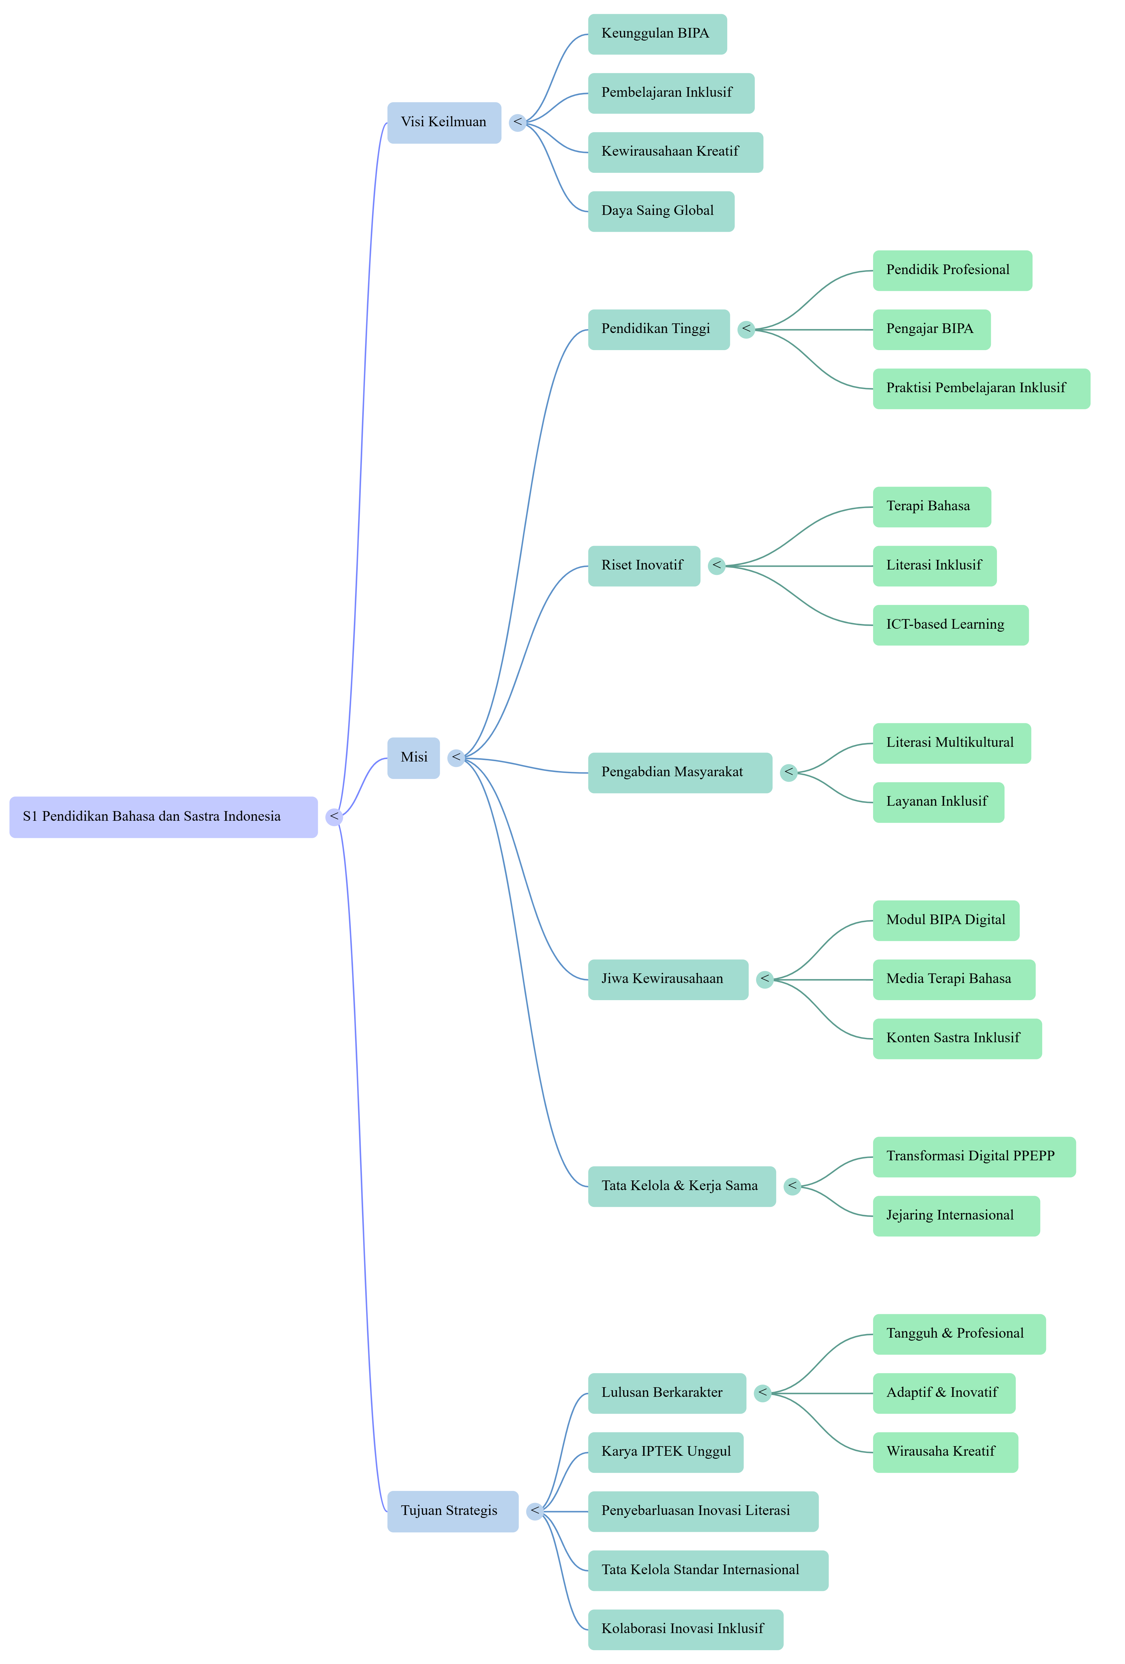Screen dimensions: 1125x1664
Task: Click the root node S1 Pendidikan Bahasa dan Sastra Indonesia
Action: (x=163, y=817)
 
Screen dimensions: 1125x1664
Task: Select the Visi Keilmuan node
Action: (x=444, y=122)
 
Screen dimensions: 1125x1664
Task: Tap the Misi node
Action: (x=413, y=758)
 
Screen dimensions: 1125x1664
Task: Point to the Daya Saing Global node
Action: (x=661, y=211)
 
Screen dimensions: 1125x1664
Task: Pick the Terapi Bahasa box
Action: (x=932, y=507)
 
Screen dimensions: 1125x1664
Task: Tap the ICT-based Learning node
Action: (x=950, y=625)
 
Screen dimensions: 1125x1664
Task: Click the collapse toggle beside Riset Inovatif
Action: (x=716, y=566)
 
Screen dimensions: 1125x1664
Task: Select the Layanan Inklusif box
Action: (x=938, y=802)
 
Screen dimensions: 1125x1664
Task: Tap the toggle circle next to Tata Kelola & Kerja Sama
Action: (x=792, y=1186)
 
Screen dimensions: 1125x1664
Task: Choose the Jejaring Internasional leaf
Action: (x=956, y=1216)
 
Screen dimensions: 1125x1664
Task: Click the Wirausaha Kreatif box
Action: (x=945, y=1452)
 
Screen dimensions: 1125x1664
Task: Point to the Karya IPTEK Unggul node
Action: (x=665, y=1452)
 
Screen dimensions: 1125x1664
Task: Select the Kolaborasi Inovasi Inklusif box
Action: (x=685, y=1630)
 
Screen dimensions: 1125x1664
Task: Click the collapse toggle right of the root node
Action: (x=334, y=817)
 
